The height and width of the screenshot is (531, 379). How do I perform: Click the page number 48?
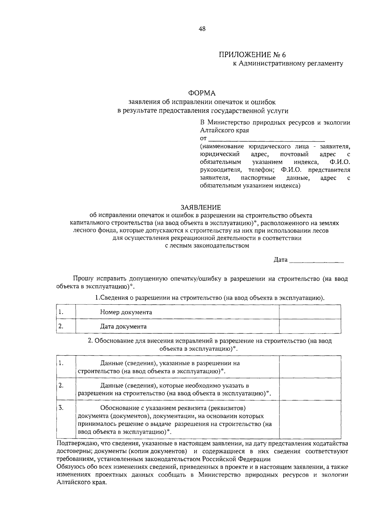[202, 29]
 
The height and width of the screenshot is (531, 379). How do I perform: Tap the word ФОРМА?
[202, 93]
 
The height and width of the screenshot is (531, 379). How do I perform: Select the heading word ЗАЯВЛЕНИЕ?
[201, 207]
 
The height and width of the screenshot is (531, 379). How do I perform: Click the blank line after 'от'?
[267, 139]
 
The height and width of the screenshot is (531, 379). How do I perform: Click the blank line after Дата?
[316, 260]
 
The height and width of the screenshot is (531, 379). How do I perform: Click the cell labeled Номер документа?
[126, 312]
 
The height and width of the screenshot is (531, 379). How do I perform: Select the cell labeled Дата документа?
[123, 327]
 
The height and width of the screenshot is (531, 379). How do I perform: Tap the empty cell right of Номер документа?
[310, 312]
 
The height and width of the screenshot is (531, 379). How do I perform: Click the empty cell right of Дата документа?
[310, 326]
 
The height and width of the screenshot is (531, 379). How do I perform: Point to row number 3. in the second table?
[61, 408]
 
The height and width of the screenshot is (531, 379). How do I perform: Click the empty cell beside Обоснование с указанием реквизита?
[310, 419]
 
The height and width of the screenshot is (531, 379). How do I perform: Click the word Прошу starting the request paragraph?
[83, 279]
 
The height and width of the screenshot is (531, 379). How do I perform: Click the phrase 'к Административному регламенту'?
[288, 64]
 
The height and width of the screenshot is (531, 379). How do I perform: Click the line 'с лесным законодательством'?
[207, 246]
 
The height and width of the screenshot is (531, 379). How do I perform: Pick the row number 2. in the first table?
[61, 326]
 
